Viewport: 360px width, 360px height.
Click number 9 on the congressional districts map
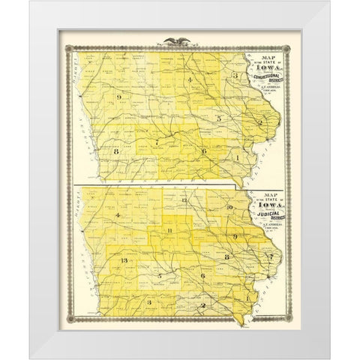[x=119, y=97]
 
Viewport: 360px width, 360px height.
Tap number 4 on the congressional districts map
[x=190, y=79]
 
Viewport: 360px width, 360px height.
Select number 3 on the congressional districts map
[x=235, y=76]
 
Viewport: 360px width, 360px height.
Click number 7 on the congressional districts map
[x=157, y=142]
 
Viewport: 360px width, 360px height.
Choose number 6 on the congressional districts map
[x=203, y=151]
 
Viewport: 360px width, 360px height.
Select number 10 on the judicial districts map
[x=230, y=205]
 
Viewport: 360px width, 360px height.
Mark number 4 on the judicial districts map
[x=118, y=216]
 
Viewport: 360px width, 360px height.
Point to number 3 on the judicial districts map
[x=149, y=301]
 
